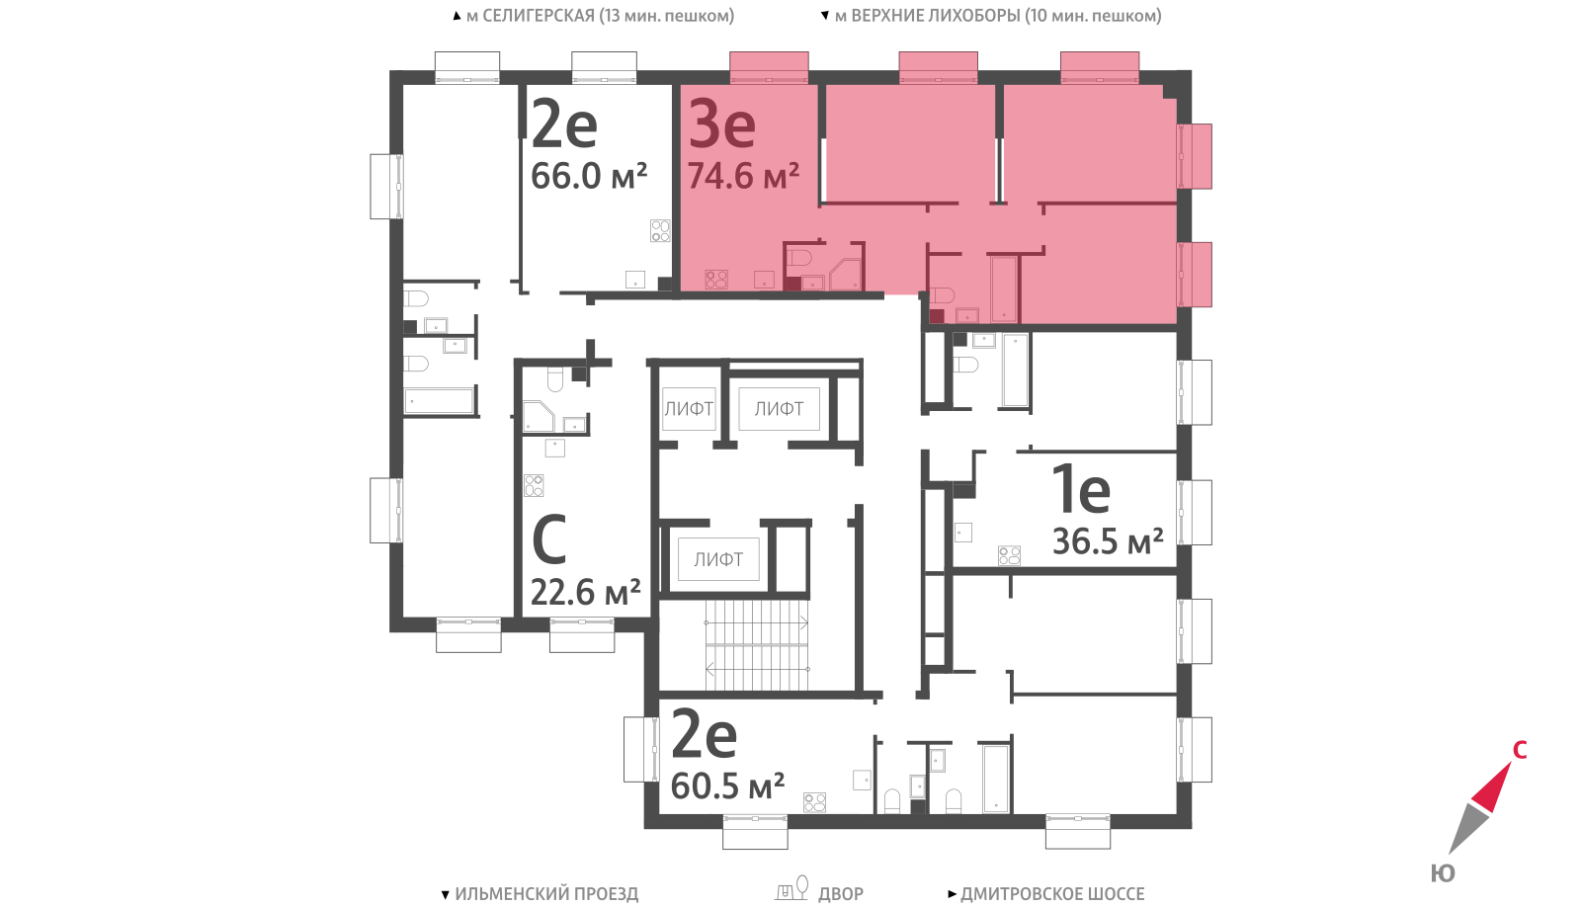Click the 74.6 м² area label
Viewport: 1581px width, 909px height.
[743, 176]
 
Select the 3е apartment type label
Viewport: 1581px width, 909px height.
[722, 124]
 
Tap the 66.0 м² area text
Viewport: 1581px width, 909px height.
[589, 176]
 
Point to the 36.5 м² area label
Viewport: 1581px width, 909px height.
[1108, 541]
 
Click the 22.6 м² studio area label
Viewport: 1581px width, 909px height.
[585, 592]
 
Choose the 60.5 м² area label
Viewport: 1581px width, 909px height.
[727, 785]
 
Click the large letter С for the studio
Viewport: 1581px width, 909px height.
[549, 539]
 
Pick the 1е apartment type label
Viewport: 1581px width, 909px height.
[1081, 488]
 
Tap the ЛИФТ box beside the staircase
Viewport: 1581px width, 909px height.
[718, 559]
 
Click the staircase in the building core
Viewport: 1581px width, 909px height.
[757, 645]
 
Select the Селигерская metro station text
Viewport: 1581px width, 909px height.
[601, 16]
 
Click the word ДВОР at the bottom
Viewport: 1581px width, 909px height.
[841, 894]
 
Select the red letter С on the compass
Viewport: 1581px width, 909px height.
[1520, 750]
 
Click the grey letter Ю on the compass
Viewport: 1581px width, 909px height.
[1443, 873]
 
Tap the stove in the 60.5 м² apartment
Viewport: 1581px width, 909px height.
[814, 802]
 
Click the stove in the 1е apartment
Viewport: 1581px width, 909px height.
[1009, 555]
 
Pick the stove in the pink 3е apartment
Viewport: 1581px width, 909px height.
[716, 280]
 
